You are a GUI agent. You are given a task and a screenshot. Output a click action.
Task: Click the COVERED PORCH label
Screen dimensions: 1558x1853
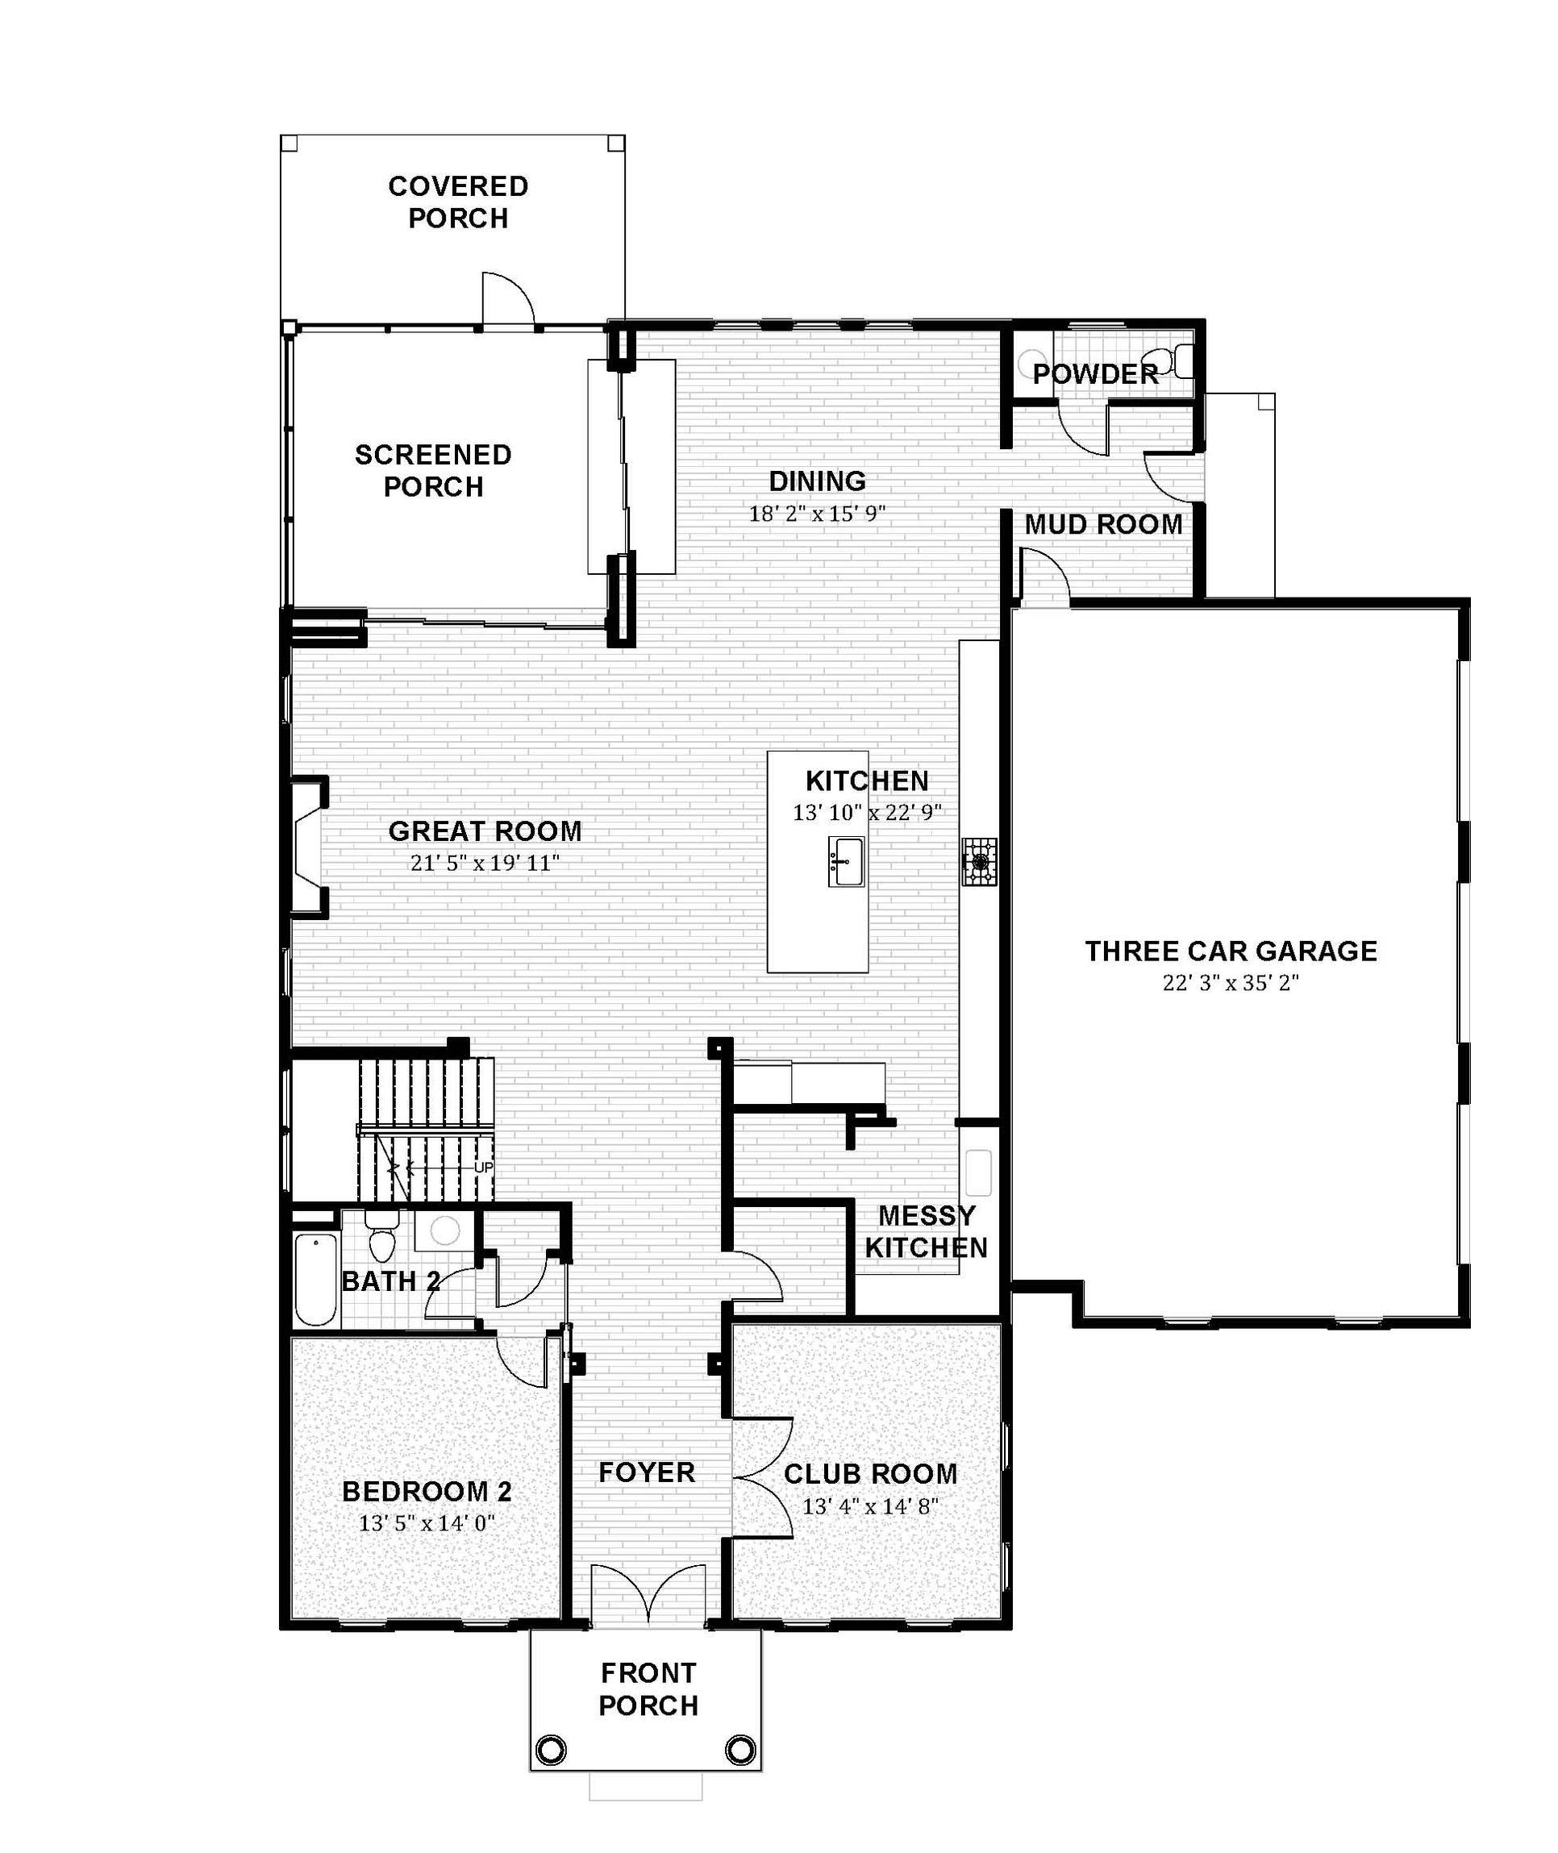(458, 202)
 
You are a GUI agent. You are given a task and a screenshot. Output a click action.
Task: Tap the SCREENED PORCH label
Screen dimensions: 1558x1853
(433, 471)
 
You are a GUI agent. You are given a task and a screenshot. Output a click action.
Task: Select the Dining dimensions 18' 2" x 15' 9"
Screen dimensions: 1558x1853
(817, 514)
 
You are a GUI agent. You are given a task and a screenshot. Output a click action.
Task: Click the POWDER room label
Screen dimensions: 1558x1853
(1095, 373)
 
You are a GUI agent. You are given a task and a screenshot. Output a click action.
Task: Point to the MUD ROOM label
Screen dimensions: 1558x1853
(1103, 524)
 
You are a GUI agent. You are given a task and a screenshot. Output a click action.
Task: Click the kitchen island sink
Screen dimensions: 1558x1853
(845, 862)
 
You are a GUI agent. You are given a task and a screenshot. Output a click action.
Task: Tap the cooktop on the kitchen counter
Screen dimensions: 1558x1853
(980, 861)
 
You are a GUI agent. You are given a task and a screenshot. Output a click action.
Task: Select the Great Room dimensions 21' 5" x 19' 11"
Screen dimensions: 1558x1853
(485, 863)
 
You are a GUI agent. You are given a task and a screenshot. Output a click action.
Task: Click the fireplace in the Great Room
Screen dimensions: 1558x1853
(306, 848)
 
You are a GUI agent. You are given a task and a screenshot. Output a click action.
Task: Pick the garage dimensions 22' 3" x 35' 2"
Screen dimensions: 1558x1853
(1231, 983)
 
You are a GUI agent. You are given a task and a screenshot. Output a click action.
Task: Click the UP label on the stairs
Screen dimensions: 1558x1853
(484, 1168)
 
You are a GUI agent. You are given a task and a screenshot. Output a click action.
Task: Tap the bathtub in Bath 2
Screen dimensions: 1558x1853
(315, 1280)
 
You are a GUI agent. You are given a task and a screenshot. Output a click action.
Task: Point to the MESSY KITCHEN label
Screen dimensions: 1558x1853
(927, 1232)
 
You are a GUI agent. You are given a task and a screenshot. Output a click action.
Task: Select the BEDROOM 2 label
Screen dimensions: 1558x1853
(427, 1492)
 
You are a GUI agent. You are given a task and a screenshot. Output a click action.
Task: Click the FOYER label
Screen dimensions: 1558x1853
(647, 1472)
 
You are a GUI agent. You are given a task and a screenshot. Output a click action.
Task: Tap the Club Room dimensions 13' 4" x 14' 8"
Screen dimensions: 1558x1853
(870, 1506)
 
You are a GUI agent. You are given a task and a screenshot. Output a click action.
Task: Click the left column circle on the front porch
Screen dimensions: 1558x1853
(550, 1749)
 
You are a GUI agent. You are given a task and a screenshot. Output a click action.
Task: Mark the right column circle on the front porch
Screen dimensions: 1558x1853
(740, 1749)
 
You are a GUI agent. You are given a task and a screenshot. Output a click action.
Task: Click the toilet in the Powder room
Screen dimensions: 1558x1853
(1177, 361)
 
